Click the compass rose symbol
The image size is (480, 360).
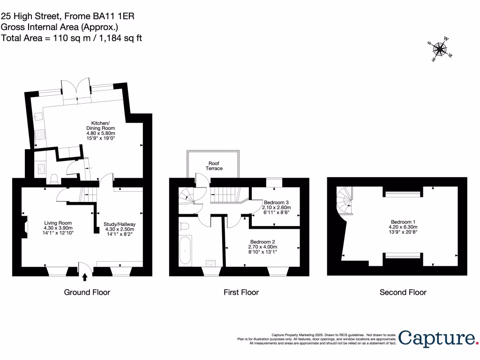click(x=440, y=49)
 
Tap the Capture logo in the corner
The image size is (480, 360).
click(x=436, y=338)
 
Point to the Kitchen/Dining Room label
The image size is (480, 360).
click(x=100, y=131)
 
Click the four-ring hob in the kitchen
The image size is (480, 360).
click(x=39, y=136)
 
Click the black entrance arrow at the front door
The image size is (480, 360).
click(x=85, y=277)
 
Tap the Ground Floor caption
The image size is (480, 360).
click(x=87, y=292)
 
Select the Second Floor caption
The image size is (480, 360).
click(x=403, y=292)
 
